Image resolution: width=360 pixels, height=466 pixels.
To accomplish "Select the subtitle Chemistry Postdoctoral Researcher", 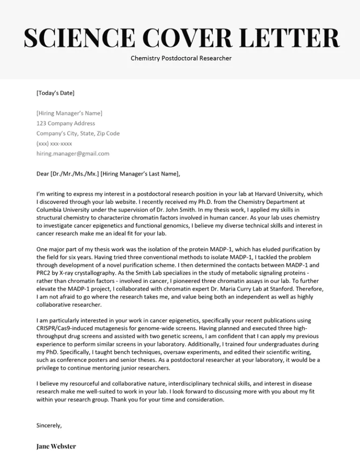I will click(180, 59).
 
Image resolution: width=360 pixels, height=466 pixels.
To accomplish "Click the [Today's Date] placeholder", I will click(55, 93).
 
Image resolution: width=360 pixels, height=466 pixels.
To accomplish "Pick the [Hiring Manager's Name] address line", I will click(69, 113).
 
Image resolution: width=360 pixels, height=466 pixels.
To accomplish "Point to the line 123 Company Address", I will click(66, 123).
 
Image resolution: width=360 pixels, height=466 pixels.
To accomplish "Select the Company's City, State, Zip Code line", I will click(78, 133).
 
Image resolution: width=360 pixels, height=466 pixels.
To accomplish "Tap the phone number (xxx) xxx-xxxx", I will click(54, 143).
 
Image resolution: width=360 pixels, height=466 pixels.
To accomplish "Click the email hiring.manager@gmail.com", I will click(73, 153).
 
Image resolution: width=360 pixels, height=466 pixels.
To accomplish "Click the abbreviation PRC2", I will click(44, 266).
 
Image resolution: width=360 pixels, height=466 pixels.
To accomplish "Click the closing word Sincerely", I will click(49, 426).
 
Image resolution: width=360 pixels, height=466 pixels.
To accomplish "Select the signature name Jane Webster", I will click(56, 446).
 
